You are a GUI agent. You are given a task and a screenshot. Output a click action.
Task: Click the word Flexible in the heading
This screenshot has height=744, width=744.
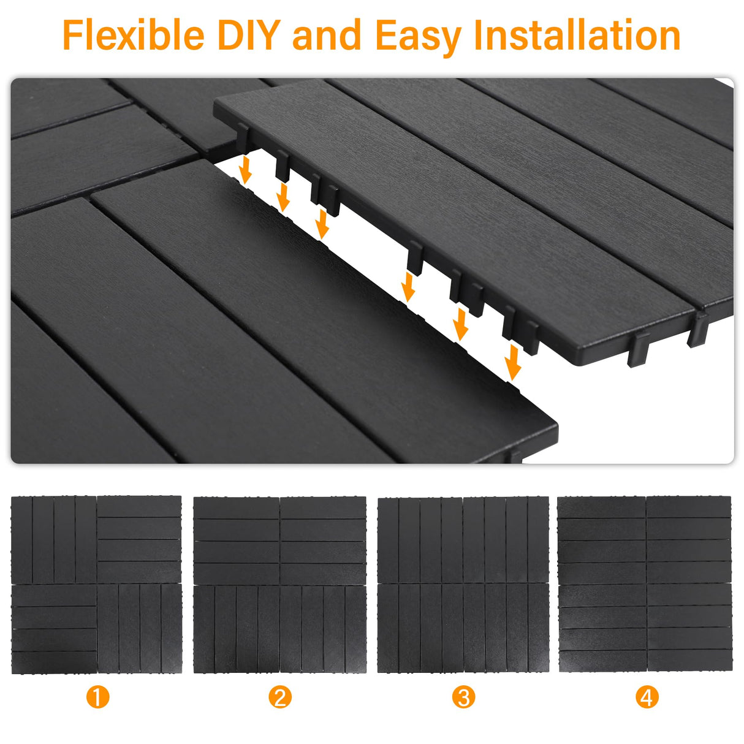(x=134, y=36)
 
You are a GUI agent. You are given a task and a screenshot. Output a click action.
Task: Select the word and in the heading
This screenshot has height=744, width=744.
(x=327, y=36)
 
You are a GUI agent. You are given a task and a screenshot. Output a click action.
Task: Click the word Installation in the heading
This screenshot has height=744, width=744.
(x=577, y=36)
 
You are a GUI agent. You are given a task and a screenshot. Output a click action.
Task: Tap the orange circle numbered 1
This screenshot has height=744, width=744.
(x=97, y=697)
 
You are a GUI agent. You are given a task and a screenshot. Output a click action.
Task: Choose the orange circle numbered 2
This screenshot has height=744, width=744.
(x=280, y=697)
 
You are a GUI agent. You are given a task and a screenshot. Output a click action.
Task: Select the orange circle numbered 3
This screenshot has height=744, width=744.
(x=463, y=697)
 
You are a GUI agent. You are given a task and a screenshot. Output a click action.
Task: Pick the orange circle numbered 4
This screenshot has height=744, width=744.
(x=647, y=697)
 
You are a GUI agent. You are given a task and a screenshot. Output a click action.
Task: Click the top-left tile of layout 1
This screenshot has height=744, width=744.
(x=54, y=539)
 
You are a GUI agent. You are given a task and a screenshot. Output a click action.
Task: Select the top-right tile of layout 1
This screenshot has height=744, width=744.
(x=139, y=539)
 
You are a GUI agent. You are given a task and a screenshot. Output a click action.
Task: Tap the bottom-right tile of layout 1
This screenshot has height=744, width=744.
(x=140, y=629)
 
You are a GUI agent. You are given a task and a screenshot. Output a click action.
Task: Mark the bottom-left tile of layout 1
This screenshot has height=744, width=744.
(x=54, y=629)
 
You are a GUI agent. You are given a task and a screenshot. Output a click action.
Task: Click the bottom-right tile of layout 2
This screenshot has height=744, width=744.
(x=323, y=629)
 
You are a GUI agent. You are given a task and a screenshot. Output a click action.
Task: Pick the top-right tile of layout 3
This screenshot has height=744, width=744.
(x=506, y=539)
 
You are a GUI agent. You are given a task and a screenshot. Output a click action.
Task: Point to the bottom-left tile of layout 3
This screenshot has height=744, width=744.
(x=420, y=629)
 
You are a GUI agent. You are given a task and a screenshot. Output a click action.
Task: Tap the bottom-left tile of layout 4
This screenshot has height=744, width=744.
(x=602, y=629)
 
